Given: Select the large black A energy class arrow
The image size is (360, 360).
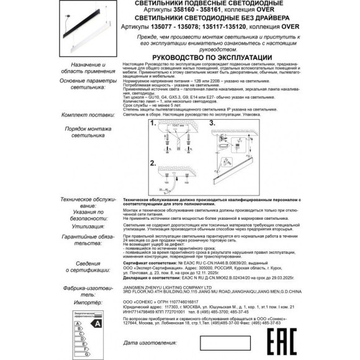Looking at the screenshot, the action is tap(96, 323).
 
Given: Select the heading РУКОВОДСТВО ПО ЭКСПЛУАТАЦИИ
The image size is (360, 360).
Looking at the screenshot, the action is tap(205, 53).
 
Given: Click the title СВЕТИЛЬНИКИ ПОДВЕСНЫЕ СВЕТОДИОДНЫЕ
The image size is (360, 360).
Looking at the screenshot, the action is tap(205, 4).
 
